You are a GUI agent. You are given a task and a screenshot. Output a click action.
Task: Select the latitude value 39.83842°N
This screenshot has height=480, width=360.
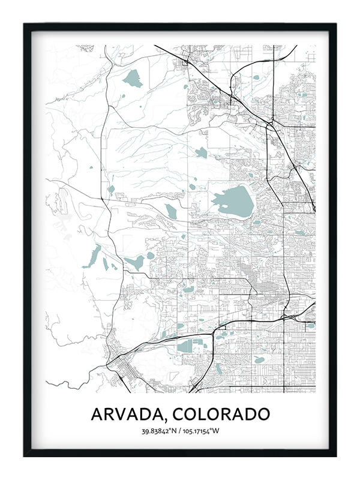(x=160, y=430)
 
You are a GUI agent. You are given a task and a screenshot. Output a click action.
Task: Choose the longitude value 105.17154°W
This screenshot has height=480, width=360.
(x=201, y=430)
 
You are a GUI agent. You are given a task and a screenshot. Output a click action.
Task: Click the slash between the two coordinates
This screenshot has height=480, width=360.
(x=180, y=430)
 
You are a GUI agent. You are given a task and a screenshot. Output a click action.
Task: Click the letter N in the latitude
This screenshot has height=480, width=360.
(x=175, y=430)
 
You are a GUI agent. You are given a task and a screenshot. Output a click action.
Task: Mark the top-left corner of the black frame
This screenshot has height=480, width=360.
(x=25, y=25)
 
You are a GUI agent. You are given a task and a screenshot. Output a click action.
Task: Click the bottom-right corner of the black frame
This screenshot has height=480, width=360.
(x=335, y=455)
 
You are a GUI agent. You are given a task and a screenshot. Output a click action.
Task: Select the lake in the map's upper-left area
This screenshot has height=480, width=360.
(x=133, y=79)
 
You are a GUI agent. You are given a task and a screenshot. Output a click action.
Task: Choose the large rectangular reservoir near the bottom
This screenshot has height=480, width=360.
(x=191, y=346)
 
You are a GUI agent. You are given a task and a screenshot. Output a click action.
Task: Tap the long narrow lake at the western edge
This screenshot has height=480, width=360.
(x=93, y=256)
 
